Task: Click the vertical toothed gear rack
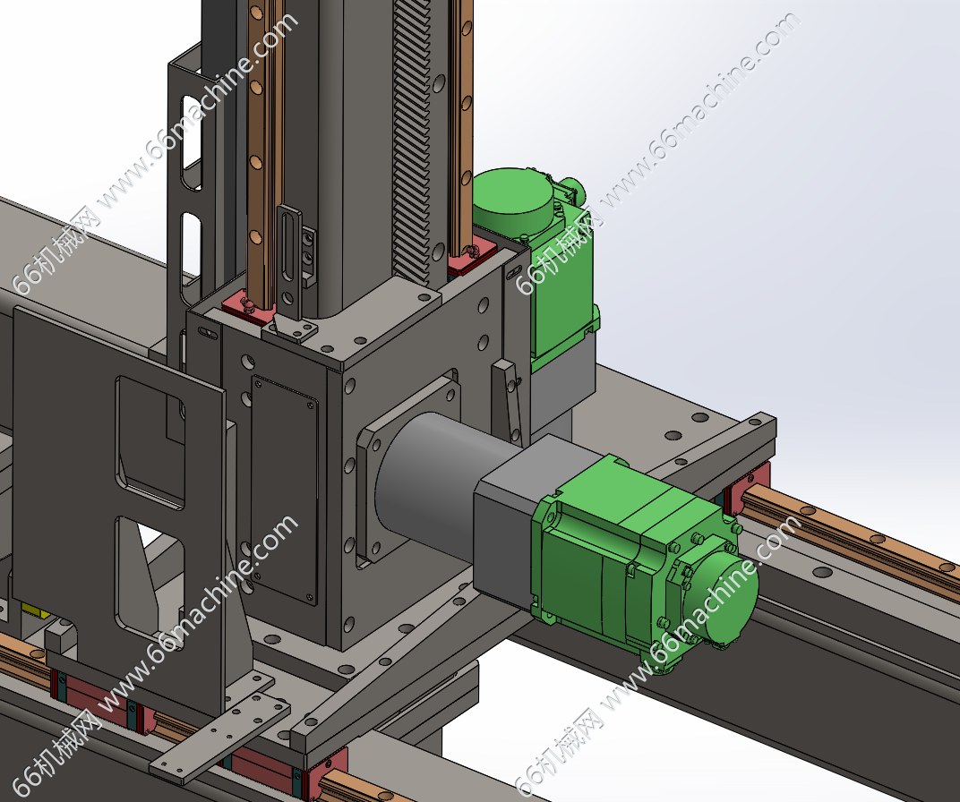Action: pos(411,141)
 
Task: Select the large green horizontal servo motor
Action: pos(643,563)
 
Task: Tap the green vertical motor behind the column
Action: pos(539,269)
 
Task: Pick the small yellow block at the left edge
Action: pos(36,610)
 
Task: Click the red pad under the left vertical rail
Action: pos(248,307)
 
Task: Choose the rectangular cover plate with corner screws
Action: pos(285,491)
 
